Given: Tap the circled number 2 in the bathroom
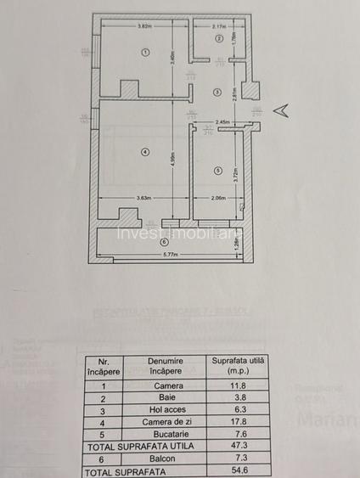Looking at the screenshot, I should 219,39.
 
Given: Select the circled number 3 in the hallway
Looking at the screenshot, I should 217,93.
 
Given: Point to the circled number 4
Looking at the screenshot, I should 145,153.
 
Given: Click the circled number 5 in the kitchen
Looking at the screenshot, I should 218,172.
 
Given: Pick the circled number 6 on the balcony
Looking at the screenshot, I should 164,241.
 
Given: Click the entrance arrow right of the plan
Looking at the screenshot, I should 284,110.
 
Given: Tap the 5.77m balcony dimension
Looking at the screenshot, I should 164,254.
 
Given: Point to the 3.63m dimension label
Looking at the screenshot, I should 143,199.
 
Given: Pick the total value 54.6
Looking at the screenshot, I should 237,471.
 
